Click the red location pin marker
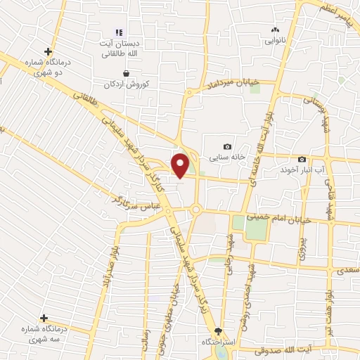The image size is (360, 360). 181,165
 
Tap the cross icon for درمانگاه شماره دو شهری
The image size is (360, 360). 48,51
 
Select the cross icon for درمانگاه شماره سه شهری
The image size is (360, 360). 44,318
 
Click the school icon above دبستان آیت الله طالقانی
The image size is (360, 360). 119,32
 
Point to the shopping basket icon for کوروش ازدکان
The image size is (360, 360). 126,72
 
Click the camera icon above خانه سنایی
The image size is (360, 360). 227,146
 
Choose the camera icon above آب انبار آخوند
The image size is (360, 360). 302,160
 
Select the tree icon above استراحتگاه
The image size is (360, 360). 218,330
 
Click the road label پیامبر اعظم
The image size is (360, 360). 335,11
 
